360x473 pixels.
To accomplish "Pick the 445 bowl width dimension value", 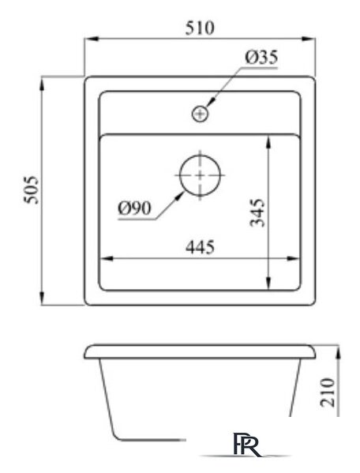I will coord(201,246).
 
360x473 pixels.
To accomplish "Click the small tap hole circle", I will coord(201,114).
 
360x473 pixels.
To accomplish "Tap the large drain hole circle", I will coord(201,174).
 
